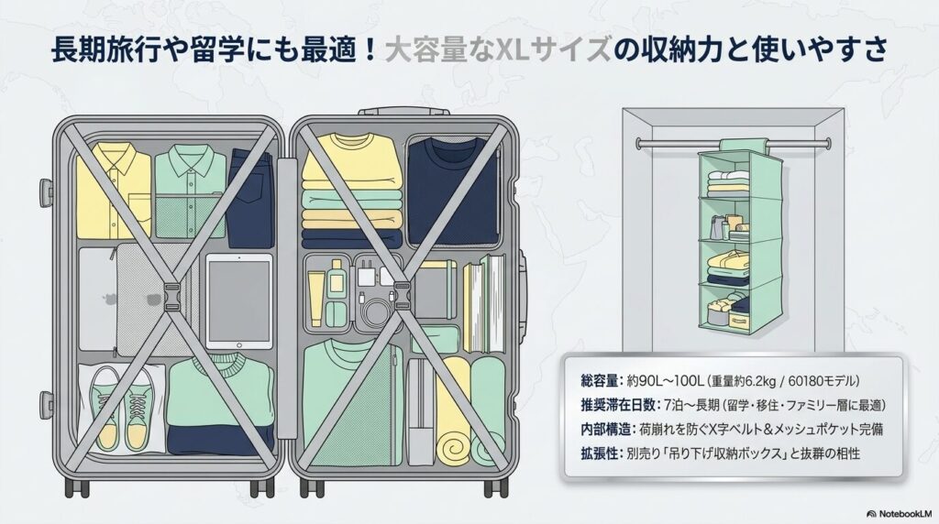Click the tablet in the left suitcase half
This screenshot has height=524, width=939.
(x=239, y=300)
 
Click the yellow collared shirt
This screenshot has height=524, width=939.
(x=113, y=191)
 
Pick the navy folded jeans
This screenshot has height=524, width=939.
(x=250, y=198)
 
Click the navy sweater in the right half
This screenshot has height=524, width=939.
(x=453, y=191)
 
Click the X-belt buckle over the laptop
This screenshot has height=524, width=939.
(x=171, y=298)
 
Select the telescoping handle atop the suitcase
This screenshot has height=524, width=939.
(x=403, y=111)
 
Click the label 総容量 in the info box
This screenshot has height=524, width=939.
(x=598, y=381)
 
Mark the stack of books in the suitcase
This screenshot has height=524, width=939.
(x=484, y=303)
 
